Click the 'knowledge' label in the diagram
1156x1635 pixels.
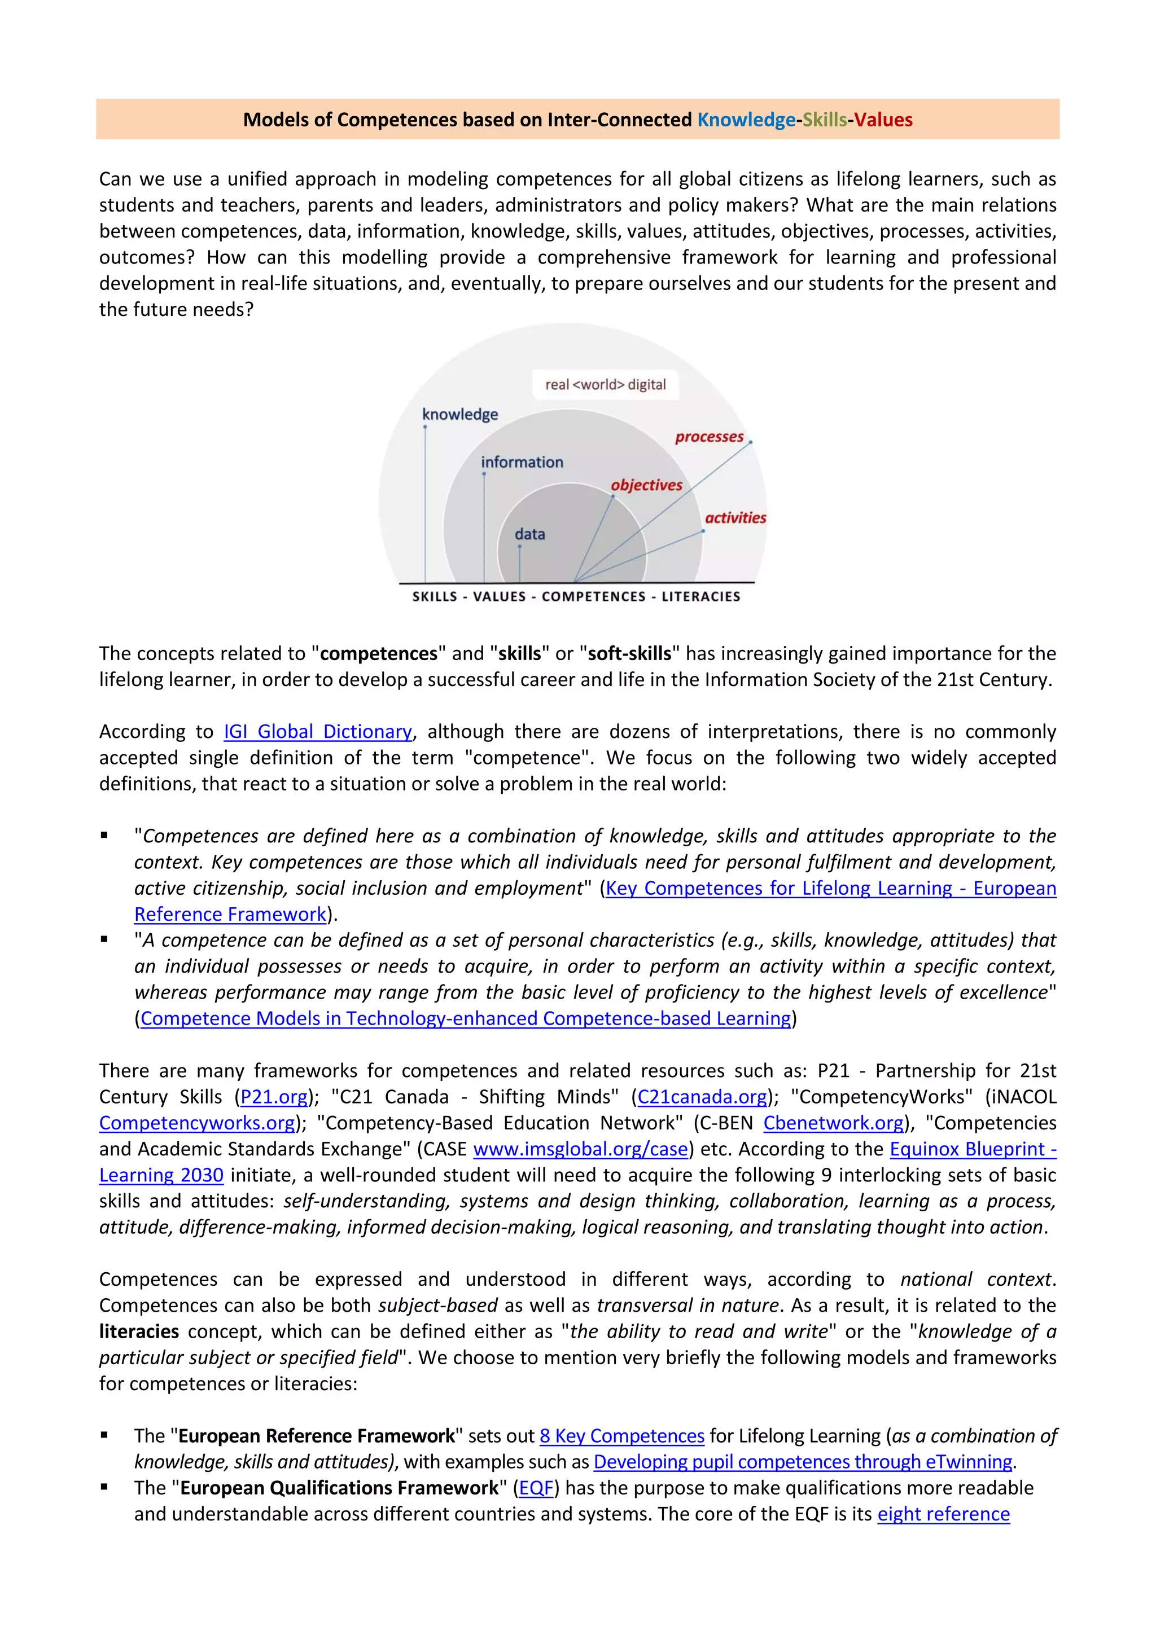[459, 415]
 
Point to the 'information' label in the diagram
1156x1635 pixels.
[522, 462]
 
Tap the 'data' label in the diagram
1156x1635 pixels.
[529, 534]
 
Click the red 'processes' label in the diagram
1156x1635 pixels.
[709, 437]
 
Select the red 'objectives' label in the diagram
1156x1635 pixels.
[646, 485]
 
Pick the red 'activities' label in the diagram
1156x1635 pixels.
[735, 518]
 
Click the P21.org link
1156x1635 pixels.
[274, 1097]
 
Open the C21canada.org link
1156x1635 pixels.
[702, 1097]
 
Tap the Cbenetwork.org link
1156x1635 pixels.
[833, 1123]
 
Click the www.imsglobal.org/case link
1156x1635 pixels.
[580, 1149]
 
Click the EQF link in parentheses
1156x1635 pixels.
[536, 1488]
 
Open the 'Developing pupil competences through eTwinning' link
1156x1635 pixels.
[802, 1462]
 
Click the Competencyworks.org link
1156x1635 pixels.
[196, 1123]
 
